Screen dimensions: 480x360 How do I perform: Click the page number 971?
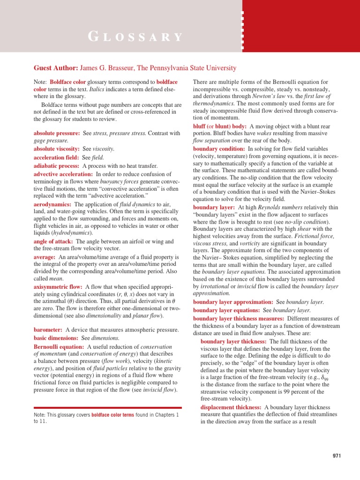click(x=337, y=456)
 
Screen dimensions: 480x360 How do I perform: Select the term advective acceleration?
click(x=63, y=174)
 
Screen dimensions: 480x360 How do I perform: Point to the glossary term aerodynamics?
click(x=52, y=204)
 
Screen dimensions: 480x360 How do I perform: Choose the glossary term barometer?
click(x=49, y=330)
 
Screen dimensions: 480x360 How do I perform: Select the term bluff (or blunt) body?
click(x=220, y=126)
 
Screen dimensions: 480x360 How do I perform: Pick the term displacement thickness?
click(x=232, y=407)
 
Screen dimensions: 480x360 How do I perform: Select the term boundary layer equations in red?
click(x=226, y=310)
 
